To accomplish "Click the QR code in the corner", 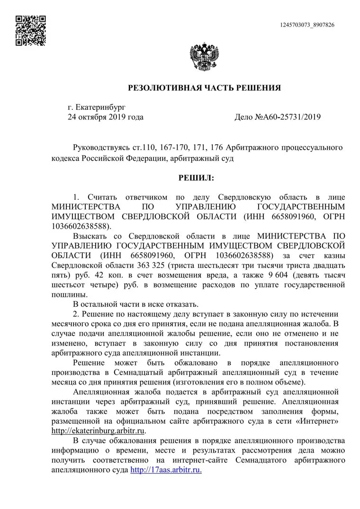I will [30, 30].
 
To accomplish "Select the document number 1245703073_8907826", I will [307, 25].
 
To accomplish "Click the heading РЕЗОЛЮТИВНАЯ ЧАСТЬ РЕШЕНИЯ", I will [205, 88].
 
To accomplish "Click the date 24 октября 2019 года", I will [105, 117].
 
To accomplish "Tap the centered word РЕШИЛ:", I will [196, 178].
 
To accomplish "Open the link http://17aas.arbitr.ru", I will [166, 470].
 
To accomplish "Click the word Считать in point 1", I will [103, 196].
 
